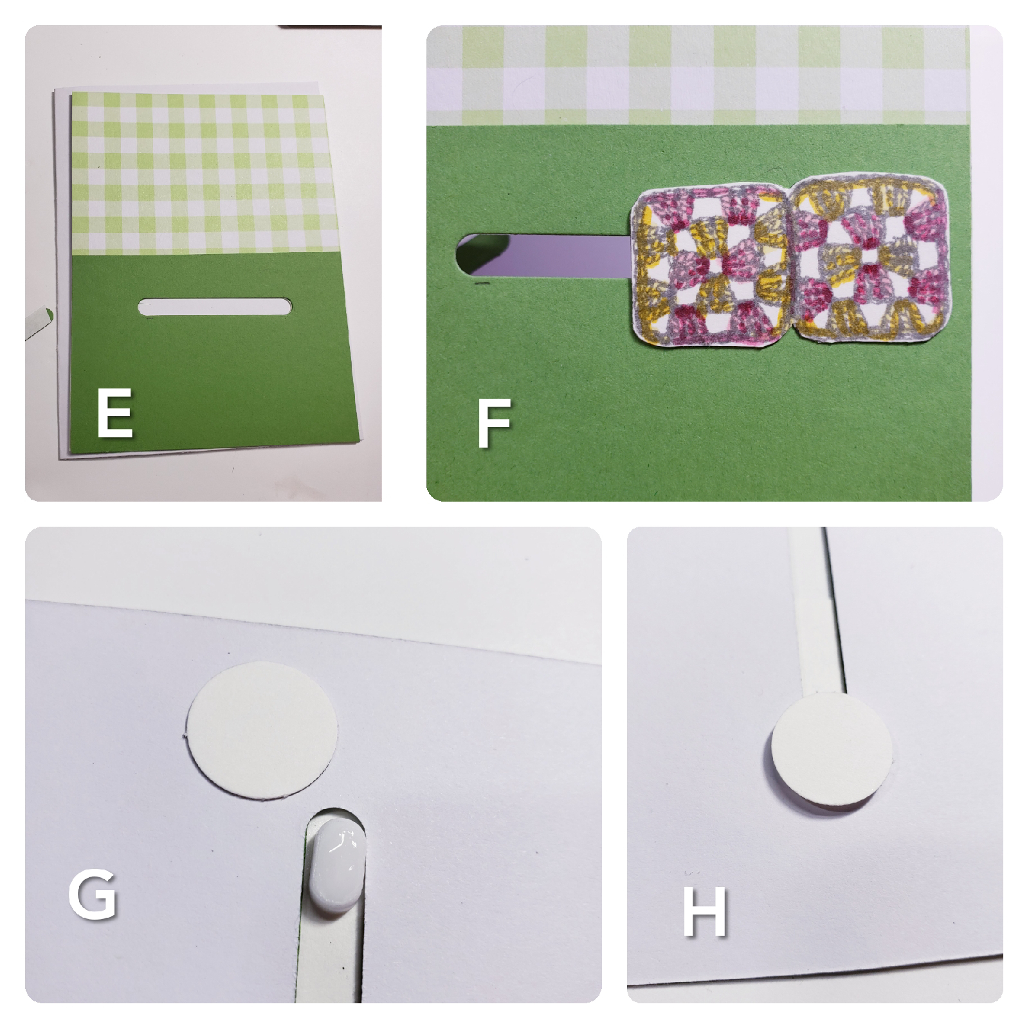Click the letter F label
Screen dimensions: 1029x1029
point(493,423)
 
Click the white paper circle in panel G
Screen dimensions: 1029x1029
point(262,729)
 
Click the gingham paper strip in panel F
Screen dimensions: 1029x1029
point(698,75)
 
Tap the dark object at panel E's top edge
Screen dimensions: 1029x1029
point(329,27)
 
